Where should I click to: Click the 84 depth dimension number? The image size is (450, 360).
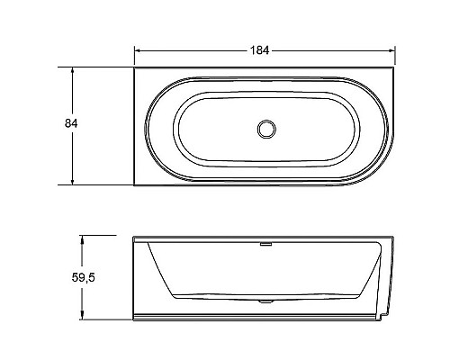pos(59,125)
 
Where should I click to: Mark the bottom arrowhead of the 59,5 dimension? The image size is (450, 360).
pos(83,319)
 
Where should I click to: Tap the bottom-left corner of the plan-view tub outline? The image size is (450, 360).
pos(134,185)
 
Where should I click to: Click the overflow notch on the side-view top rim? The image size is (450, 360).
pos(265,240)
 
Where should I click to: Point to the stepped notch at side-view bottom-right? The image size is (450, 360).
pos(385,317)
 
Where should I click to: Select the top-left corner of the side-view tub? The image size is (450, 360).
pos(134,238)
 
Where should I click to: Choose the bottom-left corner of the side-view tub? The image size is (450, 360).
pos(134,321)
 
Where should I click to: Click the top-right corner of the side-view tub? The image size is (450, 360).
pos(394,238)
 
